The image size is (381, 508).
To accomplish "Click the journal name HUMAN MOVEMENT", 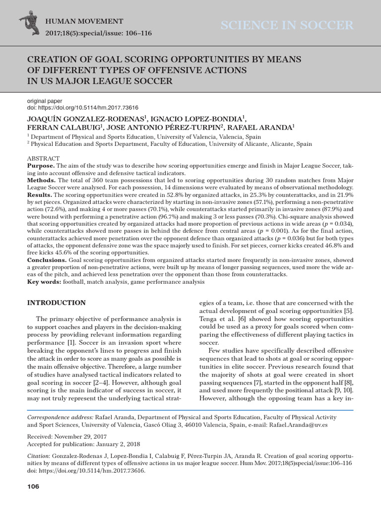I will [x=84, y=21].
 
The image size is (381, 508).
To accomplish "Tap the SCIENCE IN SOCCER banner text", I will [x=287, y=26].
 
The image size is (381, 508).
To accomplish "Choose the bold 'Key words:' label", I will [x=44, y=282].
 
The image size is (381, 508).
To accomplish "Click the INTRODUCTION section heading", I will [x=56, y=303].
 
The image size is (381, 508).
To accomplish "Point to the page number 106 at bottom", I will [x=33, y=487].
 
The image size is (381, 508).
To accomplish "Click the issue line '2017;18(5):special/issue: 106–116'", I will [x=98, y=33].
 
